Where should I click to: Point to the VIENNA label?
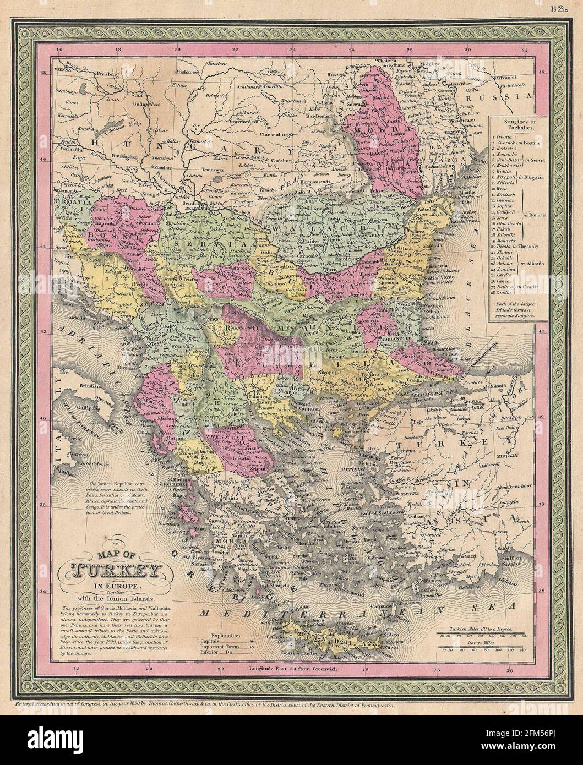coord(63,72)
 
